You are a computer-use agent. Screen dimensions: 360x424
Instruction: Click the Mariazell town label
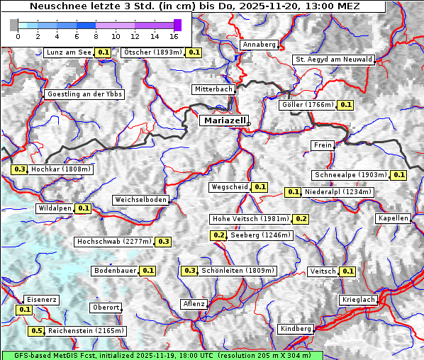(x=223, y=120)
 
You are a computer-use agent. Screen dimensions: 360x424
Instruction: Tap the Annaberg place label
(x=259, y=45)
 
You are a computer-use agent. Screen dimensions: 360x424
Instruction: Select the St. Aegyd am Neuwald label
(x=333, y=60)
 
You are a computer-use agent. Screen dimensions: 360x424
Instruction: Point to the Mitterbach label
(x=213, y=89)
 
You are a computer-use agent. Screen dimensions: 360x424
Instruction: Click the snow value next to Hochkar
(x=19, y=169)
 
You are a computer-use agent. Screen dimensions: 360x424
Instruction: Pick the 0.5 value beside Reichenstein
(x=36, y=330)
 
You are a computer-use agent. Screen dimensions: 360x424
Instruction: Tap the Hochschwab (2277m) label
(x=114, y=242)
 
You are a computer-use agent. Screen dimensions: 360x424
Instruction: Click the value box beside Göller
(x=345, y=105)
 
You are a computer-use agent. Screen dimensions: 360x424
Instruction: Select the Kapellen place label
(x=393, y=218)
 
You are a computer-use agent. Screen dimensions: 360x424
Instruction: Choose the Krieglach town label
(x=357, y=300)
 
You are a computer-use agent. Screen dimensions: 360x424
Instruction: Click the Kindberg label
(x=296, y=329)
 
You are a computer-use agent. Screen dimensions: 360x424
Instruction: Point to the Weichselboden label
(x=141, y=200)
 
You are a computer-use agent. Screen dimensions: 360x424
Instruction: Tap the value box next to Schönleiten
(x=189, y=271)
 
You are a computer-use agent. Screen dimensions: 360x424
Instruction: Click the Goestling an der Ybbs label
(x=84, y=94)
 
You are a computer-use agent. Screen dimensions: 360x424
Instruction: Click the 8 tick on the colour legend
(x=96, y=35)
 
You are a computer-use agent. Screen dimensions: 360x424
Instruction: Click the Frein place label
(x=322, y=145)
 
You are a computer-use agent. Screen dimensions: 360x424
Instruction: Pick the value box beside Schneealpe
(x=398, y=175)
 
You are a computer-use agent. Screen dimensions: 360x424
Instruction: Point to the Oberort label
(x=106, y=308)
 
